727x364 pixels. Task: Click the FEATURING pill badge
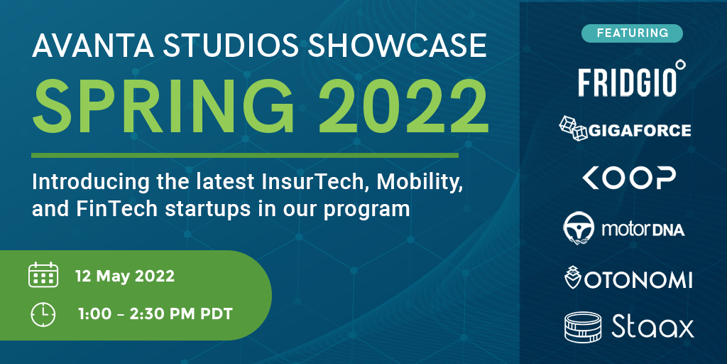(x=633, y=33)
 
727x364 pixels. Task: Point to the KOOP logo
(x=629, y=178)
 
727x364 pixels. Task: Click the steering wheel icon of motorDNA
(x=578, y=228)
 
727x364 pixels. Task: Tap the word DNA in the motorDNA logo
(x=667, y=230)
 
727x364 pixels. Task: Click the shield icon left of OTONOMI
(x=573, y=278)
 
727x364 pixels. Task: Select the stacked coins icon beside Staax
(x=583, y=327)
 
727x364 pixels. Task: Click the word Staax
(x=652, y=327)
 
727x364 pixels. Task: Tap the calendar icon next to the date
(x=43, y=275)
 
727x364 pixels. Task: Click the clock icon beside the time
(x=43, y=314)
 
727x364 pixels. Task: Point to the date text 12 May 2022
(x=125, y=277)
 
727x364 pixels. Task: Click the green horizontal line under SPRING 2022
(x=245, y=155)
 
